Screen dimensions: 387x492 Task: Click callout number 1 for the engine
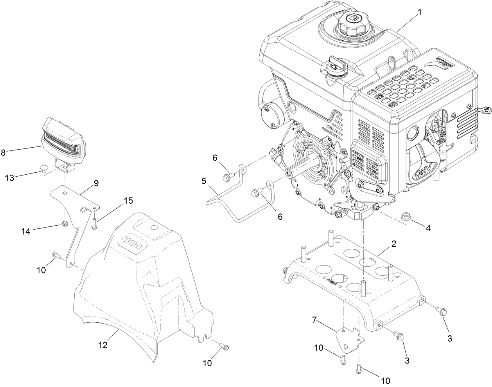[419, 12]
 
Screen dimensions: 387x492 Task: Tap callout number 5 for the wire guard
[204, 181]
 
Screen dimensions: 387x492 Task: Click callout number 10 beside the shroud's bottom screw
[207, 363]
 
